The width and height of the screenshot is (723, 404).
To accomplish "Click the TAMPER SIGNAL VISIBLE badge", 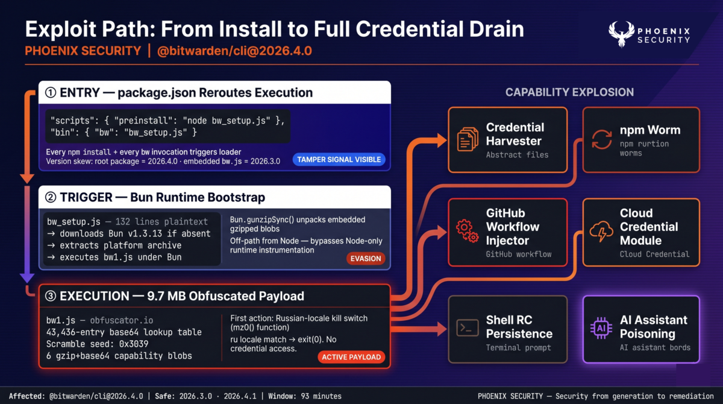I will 338,159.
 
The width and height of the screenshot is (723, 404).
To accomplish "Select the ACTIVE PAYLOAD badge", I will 351,357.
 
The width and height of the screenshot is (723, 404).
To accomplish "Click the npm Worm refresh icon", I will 601,139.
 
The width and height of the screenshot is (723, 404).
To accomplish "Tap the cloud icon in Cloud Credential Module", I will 601,232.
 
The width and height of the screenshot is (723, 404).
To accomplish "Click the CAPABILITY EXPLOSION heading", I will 569,92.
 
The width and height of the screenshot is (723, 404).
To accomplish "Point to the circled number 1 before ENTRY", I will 51,93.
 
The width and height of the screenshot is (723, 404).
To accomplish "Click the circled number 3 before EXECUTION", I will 51,296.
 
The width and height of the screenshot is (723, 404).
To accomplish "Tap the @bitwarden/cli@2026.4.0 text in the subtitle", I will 234,51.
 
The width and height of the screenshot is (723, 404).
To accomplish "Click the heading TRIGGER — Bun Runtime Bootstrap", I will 162,197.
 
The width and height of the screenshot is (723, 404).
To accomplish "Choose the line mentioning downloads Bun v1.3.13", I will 129,233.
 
